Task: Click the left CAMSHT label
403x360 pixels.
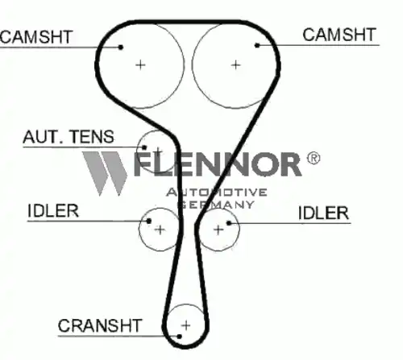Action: coord(36,37)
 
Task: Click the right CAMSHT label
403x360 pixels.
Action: coord(339,35)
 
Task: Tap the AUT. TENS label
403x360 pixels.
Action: coord(69,137)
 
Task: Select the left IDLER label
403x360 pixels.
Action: coord(53,211)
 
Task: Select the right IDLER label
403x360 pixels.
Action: coord(323,213)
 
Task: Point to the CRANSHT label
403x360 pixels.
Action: coord(100,325)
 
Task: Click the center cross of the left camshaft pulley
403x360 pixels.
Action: coord(140,65)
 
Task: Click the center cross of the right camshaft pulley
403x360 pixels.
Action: coord(235,65)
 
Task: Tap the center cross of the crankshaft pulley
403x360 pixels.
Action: coord(186,325)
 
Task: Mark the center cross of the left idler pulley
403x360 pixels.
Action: coord(160,230)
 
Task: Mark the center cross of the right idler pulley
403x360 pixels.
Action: coord(218,230)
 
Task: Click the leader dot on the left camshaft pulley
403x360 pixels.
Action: coord(121,48)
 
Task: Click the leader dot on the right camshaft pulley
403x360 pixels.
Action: coord(257,45)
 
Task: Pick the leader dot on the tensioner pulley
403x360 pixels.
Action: coord(144,147)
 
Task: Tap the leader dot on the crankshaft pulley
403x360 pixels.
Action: coord(180,337)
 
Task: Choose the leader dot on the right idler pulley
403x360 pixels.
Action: coord(229,223)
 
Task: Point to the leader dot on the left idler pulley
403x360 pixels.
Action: coord(148,221)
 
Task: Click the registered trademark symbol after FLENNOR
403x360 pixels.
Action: coord(314,159)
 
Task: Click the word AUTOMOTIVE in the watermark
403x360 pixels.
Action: coord(217,192)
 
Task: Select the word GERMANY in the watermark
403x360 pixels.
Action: coord(216,205)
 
